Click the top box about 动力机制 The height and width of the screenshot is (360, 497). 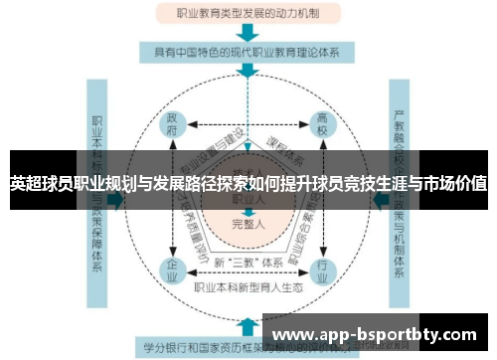248,15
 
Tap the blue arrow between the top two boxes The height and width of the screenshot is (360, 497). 248,32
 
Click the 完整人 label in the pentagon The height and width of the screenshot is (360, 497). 248,224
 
